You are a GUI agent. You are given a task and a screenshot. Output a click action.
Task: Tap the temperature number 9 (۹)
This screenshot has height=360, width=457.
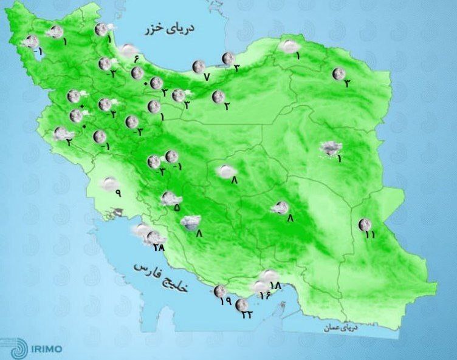[117, 194]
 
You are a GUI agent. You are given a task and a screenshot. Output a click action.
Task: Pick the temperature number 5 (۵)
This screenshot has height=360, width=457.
[177, 208]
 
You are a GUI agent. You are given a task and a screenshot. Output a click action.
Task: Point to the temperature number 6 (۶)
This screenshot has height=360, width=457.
[136, 59]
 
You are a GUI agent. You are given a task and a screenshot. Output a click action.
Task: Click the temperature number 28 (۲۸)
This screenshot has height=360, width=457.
[159, 247]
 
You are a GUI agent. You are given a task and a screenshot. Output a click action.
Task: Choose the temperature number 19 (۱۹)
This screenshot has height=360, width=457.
[224, 301]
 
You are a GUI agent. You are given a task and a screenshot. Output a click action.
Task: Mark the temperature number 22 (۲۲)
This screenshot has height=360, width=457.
[247, 314]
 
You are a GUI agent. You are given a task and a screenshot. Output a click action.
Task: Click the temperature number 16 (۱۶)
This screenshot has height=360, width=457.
[264, 296]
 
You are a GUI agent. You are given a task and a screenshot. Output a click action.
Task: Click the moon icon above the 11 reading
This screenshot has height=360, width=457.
[364, 225]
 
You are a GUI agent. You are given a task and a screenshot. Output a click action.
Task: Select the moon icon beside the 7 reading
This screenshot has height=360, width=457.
[198, 67]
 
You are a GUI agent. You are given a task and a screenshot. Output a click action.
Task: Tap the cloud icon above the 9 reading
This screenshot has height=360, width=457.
[109, 183]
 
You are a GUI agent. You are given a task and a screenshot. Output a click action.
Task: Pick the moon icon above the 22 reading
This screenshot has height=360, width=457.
[242, 304]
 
